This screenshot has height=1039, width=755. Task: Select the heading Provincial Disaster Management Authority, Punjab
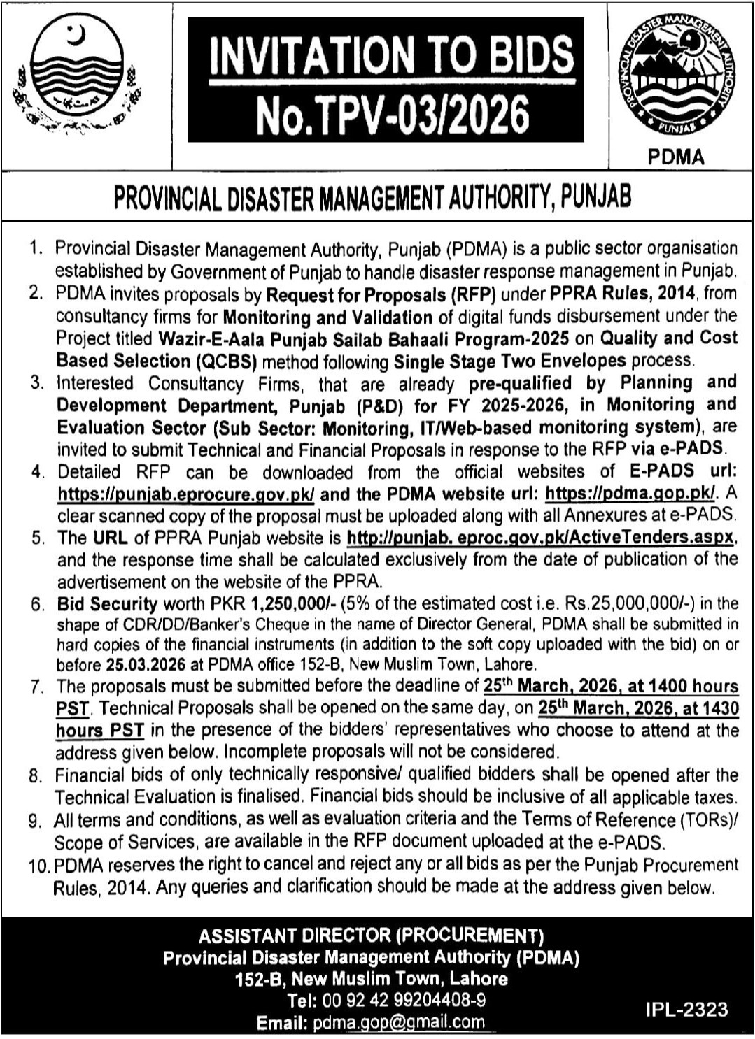tap(372, 198)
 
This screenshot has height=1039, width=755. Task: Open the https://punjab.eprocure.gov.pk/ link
tap(186, 494)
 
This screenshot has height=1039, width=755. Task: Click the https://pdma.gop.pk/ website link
tap(630, 493)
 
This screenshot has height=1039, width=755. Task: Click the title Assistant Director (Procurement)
tap(371, 936)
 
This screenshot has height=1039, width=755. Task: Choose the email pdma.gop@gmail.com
tap(399, 1023)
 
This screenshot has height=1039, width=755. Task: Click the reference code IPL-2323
tap(687, 1009)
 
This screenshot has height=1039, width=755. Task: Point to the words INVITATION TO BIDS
tap(392, 58)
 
